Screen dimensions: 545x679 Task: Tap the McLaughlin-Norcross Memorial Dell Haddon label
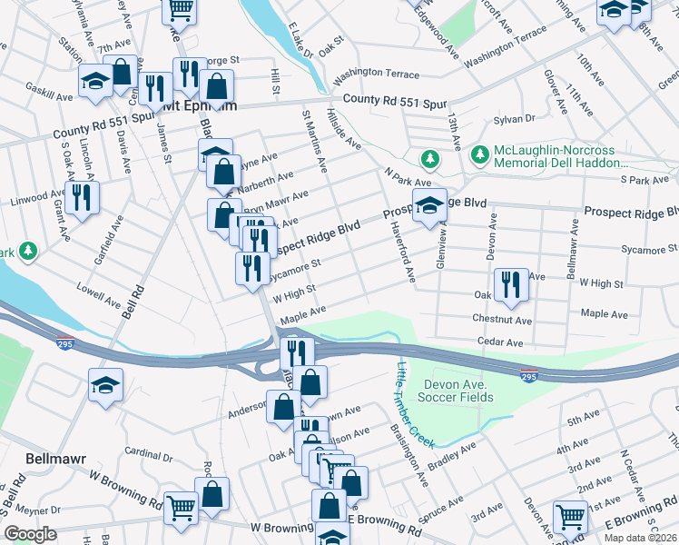coord(561,156)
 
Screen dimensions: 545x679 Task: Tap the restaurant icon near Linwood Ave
coord(83,198)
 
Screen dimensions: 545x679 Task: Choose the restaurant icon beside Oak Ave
coord(511,284)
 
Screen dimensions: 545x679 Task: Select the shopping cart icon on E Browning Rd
coord(571,516)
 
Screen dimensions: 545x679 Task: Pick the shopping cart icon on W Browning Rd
coord(182,510)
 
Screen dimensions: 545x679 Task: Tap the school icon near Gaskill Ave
coord(95,82)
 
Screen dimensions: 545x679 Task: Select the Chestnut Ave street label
coord(502,320)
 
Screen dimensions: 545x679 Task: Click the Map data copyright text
coord(640,538)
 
